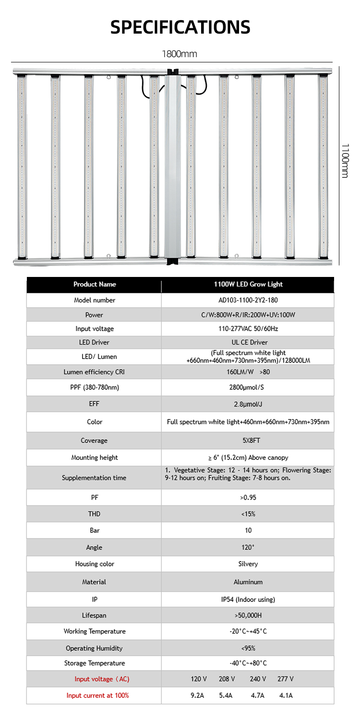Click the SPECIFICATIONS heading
pos(180,27)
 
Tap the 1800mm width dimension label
pos(180,54)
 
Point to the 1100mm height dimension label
pos(345,160)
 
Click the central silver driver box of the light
pos(173,166)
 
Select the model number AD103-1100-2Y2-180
pos(248,300)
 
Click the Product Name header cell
pos(95,284)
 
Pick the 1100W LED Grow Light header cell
pos(248,284)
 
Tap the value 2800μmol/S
pos(248,387)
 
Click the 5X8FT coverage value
pos(248,441)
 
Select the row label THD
pos(95,514)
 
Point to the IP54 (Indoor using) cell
pos(248,599)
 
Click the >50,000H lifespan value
pos(248,615)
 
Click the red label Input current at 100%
pos(98,695)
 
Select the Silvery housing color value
pos(248,564)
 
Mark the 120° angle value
pos(248,548)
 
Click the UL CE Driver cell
pos(248,342)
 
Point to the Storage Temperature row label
pos(95,663)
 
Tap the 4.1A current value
pos(286,695)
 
